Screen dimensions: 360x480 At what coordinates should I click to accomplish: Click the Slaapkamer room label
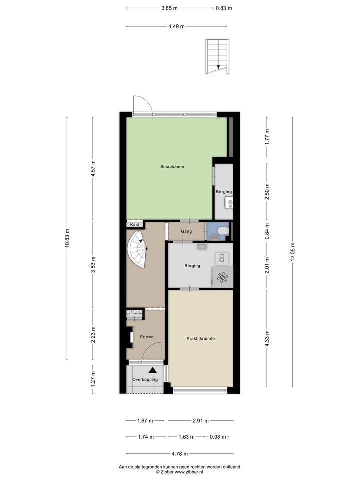[x=172, y=167]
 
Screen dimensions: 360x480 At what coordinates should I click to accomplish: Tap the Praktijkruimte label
[x=201, y=339]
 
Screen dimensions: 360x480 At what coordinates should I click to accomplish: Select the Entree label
[x=147, y=337]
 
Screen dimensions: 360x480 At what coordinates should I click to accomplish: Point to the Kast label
[x=135, y=224]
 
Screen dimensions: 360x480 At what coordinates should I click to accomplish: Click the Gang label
[x=186, y=231]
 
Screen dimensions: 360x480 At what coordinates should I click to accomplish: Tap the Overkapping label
[x=145, y=380]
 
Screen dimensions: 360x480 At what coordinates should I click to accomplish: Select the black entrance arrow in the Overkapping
[x=153, y=370]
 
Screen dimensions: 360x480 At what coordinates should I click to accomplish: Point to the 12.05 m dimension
[x=292, y=252]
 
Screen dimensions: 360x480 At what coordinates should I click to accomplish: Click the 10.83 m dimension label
[x=67, y=238]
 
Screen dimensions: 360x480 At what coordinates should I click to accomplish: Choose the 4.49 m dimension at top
[x=176, y=26]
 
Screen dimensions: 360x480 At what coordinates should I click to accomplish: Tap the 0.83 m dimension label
[x=224, y=8]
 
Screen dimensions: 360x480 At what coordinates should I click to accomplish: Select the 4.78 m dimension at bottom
[x=179, y=454]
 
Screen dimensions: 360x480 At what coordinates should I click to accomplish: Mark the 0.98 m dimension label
[x=218, y=437]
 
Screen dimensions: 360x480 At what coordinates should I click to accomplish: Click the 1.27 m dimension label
[x=93, y=378]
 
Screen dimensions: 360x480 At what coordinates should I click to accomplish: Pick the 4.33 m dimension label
[x=267, y=338]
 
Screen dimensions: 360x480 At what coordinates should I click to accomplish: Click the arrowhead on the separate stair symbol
[x=218, y=67]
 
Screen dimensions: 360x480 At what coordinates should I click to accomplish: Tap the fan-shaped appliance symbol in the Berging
[x=222, y=277]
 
